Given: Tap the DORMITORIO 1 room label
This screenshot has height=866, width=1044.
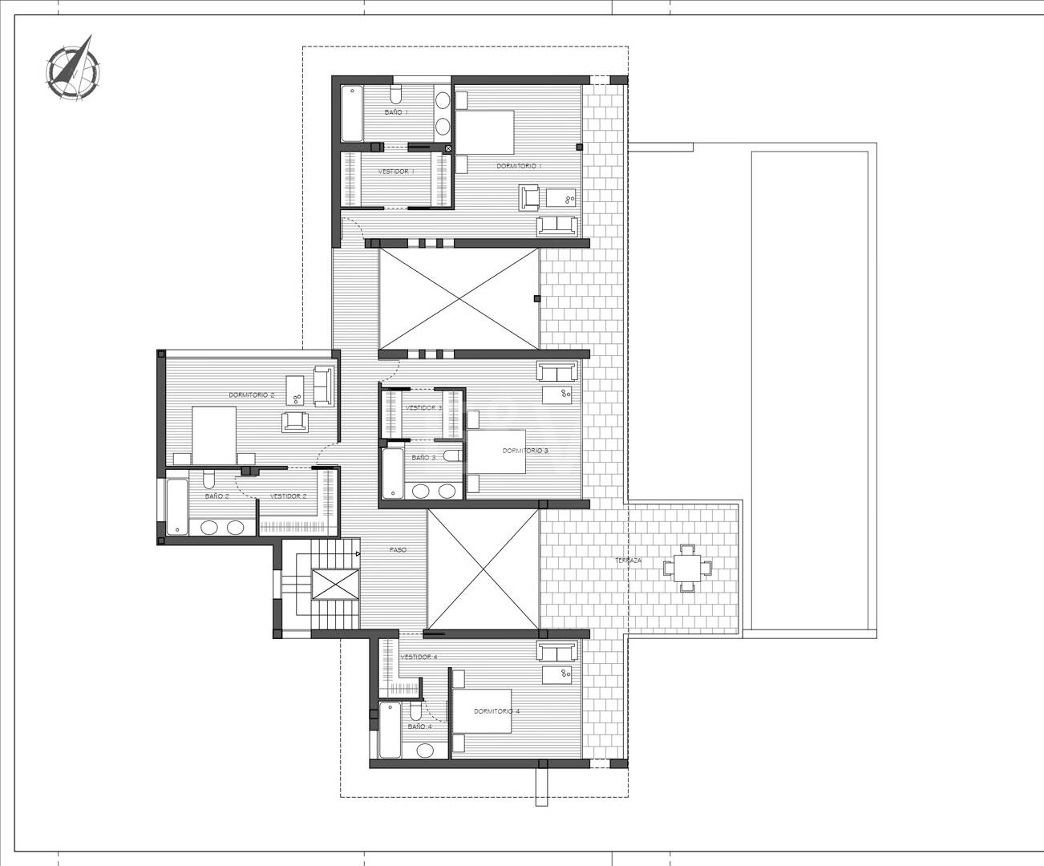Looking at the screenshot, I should point(519,166).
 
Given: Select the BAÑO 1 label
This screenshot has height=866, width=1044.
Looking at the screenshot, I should point(395,112).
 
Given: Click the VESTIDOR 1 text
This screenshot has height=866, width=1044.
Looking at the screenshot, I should point(395,172).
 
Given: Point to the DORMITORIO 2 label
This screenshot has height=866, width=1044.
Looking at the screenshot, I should point(252,395).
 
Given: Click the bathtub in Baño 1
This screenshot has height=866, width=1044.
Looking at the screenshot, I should point(351,114).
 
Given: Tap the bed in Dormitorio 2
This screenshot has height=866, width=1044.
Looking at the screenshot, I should point(213,435).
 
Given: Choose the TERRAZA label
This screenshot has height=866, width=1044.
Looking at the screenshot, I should point(628,560).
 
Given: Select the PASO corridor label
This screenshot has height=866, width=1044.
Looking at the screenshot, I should point(398,550).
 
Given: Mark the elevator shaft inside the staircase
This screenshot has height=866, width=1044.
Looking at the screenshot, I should point(334,585).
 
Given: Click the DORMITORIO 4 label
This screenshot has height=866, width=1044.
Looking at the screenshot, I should point(496,711).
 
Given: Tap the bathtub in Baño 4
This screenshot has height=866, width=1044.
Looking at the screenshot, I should point(390,730).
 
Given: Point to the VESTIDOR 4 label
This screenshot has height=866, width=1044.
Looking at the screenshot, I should point(419,657).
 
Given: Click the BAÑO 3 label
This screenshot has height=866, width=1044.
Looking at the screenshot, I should point(423,458).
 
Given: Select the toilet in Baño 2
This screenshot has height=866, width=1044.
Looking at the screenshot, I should point(209,480).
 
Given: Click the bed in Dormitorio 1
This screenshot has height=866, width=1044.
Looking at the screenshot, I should point(485,133).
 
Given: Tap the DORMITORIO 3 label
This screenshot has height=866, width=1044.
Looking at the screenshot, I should point(525,451).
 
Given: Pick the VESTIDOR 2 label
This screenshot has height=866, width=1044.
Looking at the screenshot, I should point(289,496).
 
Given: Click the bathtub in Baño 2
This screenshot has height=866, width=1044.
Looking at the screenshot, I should point(176,508).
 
